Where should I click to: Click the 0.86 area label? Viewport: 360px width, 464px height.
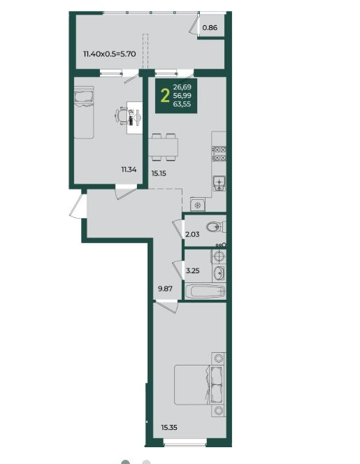(210, 28)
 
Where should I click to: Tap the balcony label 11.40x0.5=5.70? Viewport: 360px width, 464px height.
(110, 54)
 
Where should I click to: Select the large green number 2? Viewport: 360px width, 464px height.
(165, 96)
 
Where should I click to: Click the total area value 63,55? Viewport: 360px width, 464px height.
(182, 104)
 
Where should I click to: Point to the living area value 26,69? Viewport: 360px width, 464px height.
(182, 87)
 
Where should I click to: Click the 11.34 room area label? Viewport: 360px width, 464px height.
(129, 170)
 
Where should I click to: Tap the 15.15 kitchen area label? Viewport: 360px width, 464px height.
(159, 173)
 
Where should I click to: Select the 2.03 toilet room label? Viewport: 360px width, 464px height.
(192, 234)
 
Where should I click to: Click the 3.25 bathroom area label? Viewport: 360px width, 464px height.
(192, 270)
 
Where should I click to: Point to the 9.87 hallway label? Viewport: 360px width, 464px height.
(165, 289)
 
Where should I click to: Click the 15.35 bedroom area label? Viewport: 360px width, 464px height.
(169, 427)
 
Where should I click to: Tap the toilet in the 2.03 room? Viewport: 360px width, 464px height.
(216, 227)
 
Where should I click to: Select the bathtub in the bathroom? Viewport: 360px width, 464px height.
(206, 291)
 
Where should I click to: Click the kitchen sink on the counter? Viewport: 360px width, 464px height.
(219, 184)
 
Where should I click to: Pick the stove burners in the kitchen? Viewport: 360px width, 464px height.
(219, 154)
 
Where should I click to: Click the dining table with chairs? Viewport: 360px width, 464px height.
(163, 147)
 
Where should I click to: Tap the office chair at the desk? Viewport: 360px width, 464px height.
(122, 116)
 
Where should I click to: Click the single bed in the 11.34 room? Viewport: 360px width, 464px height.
(83, 113)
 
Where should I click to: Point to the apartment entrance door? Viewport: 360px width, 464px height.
(78, 206)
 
